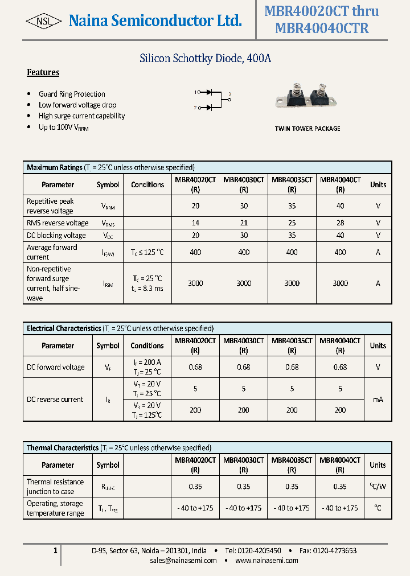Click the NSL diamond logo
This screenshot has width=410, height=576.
pos(44,21)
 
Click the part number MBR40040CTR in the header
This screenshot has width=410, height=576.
pos(321,28)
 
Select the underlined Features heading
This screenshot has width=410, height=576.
pos(43,72)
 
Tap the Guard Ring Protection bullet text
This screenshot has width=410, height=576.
pos(72,94)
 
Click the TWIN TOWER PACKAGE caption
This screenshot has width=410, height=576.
pos(307,129)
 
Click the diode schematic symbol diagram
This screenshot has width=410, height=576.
pos(212,99)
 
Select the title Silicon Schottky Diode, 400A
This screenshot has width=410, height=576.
pos(206,58)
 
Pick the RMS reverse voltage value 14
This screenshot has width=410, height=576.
pos(195,223)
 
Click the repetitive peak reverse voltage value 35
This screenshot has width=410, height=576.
pos(292,206)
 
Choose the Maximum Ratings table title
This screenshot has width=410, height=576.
pos(55,167)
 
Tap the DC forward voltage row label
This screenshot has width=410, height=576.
pos(56,367)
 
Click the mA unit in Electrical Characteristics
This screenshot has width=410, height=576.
pos(378,400)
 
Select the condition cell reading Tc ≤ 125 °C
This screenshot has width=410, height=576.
pos(147,252)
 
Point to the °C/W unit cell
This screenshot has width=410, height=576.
pos(378,487)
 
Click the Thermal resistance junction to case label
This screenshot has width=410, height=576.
pos(55,487)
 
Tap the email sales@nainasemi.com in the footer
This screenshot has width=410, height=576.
pos(183,561)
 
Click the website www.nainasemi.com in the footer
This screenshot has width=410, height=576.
pos(266,561)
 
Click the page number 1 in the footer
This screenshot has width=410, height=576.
pos(55,550)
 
